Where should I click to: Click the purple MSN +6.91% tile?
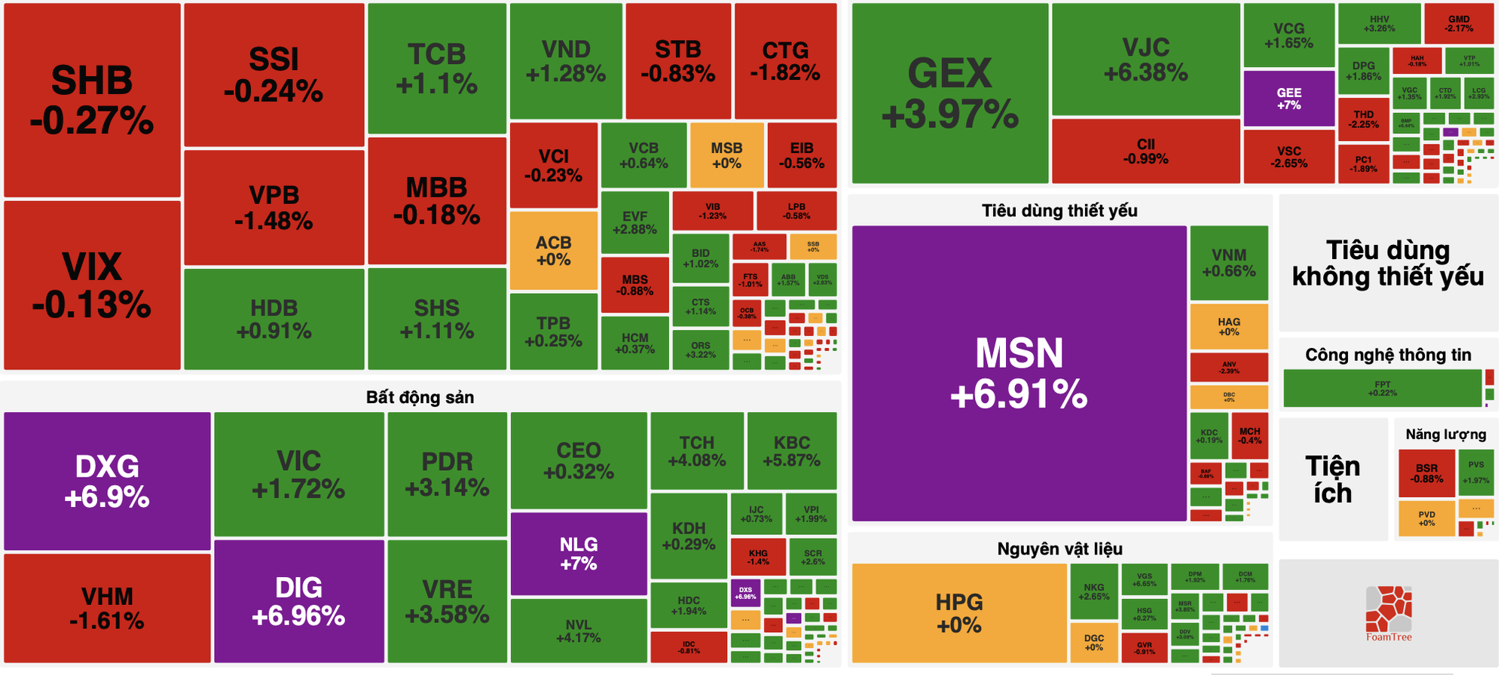[x=1019, y=374]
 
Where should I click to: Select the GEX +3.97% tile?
[x=949, y=93]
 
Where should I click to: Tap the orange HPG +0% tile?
[x=958, y=613]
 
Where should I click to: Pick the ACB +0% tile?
[x=553, y=251]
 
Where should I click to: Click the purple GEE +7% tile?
[x=1288, y=99]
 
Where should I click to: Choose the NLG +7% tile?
[x=578, y=554]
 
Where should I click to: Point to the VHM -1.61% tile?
[x=107, y=608]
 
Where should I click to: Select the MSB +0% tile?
[x=726, y=155]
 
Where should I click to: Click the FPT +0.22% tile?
[x=1382, y=388]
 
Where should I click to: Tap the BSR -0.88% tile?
[x=1426, y=473]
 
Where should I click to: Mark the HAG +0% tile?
[x=1228, y=326]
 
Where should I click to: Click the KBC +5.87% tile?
[x=791, y=451]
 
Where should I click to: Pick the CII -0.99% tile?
[x=1145, y=151]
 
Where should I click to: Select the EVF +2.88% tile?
[x=634, y=223]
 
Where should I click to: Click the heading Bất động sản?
[x=420, y=397]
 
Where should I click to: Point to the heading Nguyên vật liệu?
[x=1059, y=548]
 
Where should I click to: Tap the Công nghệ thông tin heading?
[x=1388, y=355]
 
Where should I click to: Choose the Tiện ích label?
[x=1332, y=480]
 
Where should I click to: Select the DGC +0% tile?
[x=1093, y=643]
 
